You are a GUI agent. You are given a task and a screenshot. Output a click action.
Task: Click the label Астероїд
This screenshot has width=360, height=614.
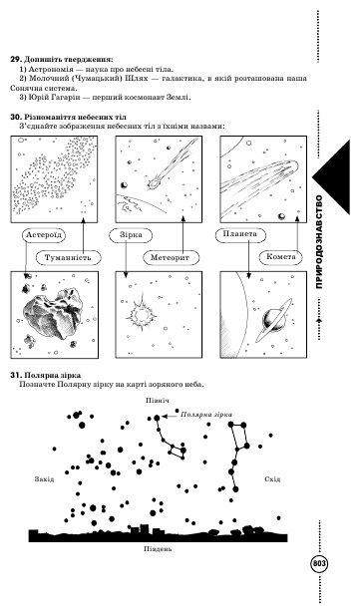pyautogui.click(x=44, y=235)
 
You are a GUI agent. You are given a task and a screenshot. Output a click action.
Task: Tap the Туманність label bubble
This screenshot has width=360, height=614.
pyautogui.click(x=68, y=257)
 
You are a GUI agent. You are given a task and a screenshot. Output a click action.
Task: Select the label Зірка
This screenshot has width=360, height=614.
pyautogui.click(x=131, y=235)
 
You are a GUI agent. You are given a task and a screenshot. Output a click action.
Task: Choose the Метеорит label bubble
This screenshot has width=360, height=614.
pyautogui.click(x=170, y=257)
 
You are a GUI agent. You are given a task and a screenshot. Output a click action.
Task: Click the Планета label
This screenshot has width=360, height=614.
pyautogui.click(x=240, y=234)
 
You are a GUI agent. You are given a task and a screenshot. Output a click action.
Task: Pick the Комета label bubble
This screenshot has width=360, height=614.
pyautogui.click(x=281, y=257)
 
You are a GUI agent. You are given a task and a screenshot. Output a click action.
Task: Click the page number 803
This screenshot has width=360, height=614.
pyautogui.click(x=319, y=564)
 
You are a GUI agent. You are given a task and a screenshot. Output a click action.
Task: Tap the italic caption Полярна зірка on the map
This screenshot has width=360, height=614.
pyautogui.click(x=206, y=415)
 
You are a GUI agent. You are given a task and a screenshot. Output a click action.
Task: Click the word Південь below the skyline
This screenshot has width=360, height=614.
pyautogui.click(x=158, y=548)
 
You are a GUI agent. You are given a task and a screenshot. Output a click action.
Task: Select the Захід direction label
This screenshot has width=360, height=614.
pyautogui.click(x=44, y=479)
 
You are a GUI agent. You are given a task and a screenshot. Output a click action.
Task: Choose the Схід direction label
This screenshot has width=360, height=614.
pyautogui.click(x=272, y=479)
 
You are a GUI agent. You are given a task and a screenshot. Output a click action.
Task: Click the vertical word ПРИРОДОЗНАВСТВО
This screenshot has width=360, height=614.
pyautogui.click(x=319, y=242)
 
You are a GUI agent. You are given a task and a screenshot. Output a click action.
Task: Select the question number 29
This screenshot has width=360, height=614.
pyautogui.click(x=15, y=60)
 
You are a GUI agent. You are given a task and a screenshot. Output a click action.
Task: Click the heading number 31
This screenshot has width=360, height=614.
pyautogui.click(x=15, y=375)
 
